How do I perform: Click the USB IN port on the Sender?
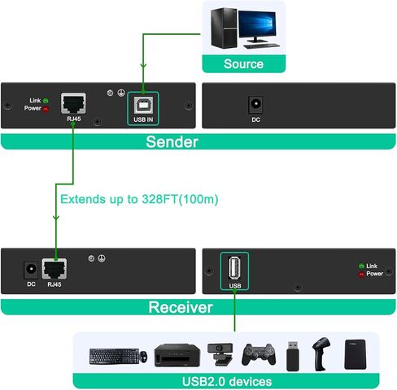click(x=143, y=106)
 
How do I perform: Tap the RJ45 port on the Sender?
click(x=73, y=103)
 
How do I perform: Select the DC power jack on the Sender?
click(x=255, y=105)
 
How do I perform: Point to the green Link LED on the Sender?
click(x=46, y=101)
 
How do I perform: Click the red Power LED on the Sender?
click(x=46, y=109)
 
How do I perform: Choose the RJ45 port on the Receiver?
click(x=55, y=269)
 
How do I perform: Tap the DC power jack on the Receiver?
click(x=31, y=270)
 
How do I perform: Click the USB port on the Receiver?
click(x=234, y=268)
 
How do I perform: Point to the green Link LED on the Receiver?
click(x=361, y=266)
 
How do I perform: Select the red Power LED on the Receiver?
click(x=361, y=275)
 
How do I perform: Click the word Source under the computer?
click(x=243, y=64)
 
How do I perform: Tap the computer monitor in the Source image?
click(x=257, y=27)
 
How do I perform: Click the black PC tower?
click(x=224, y=28)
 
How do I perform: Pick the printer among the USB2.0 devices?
click(x=177, y=355)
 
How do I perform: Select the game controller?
click(x=259, y=354)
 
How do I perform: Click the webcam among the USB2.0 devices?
click(x=220, y=354)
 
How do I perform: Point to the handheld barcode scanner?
click(x=321, y=353)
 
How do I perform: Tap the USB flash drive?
click(x=293, y=356)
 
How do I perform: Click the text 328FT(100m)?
click(x=180, y=199)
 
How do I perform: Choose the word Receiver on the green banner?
click(x=181, y=307)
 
